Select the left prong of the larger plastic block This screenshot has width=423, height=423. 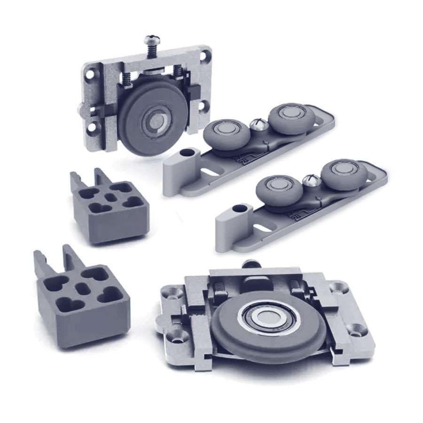click(40, 263)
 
